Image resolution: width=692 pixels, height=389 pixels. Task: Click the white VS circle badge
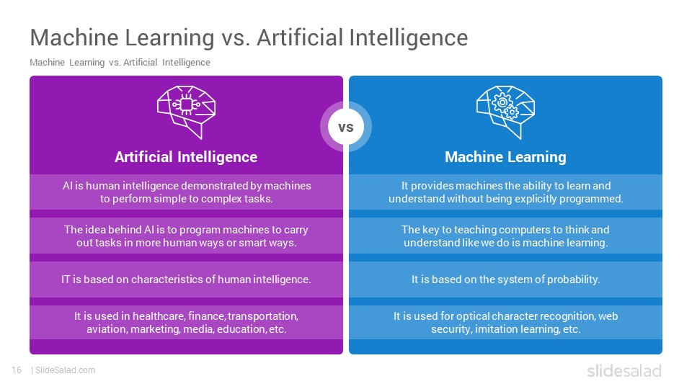tap(346, 127)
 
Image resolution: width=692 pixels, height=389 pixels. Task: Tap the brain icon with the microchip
tap(186, 112)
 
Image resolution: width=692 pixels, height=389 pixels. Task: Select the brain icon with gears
tap(506, 112)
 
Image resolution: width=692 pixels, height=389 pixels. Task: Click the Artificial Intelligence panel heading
tap(186, 157)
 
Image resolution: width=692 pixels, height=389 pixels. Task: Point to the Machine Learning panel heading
tap(505, 157)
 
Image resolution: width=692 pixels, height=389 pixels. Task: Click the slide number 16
tap(17, 370)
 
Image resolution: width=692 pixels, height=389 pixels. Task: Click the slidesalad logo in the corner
tap(624, 370)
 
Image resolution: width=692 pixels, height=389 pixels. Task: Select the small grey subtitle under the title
tap(120, 63)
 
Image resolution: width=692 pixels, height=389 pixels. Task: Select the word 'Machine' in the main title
tap(74, 37)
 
